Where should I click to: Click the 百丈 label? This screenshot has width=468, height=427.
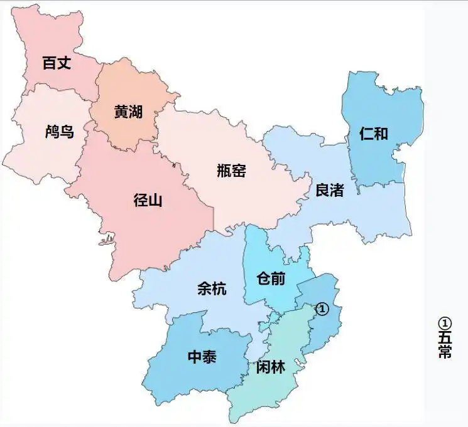pyautogui.click(x=57, y=63)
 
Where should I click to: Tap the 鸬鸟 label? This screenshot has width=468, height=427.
pyautogui.click(x=60, y=132)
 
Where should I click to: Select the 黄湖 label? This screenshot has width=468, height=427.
pyautogui.click(x=128, y=112)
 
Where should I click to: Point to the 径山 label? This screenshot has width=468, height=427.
pyautogui.click(x=148, y=201)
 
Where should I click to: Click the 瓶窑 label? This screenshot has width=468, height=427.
pyautogui.click(x=231, y=170)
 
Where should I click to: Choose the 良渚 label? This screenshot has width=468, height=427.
pyautogui.click(x=329, y=190)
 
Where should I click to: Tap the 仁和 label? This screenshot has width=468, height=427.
pyautogui.click(x=374, y=134)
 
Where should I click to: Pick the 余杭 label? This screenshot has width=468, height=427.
pyautogui.click(x=212, y=288)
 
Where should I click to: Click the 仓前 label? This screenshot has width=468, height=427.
pyautogui.click(x=271, y=278)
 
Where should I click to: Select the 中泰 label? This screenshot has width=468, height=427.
pyautogui.click(x=202, y=357)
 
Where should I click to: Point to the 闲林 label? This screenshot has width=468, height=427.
pyautogui.click(x=271, y=367)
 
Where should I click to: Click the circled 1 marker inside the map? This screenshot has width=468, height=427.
pyautogui.click(x=322, y=309)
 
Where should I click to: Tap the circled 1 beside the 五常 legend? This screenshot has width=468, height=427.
pyautogui.click(x=445, y=323)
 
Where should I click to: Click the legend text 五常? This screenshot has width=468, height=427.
pyautogui.click(x=445, y=345)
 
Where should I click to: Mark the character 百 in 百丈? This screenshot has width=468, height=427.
pyautogui.click(x=49, y=63)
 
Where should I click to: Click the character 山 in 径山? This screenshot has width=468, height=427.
pyautogui.click(x=156, y=201)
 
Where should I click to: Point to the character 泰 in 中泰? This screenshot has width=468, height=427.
pyautogui.click(x=210, y=357)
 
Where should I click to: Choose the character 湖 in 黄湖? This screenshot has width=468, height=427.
pyautogui.click(x=136, y=112)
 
